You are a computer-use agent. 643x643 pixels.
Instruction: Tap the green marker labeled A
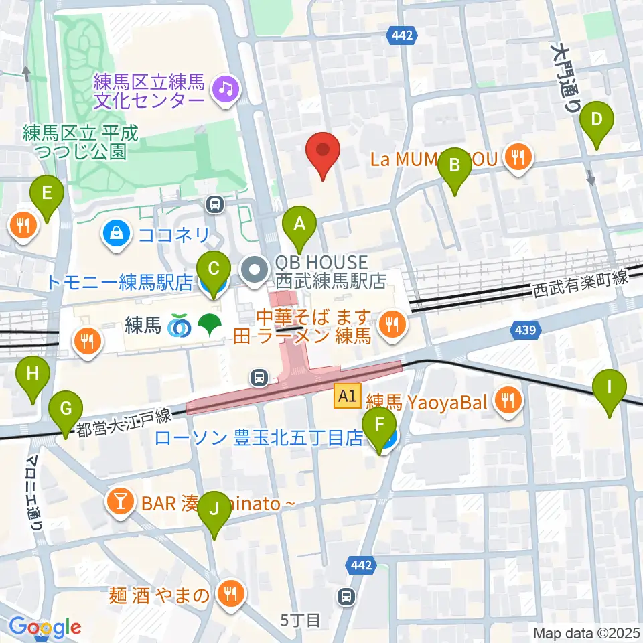click(x=299, y=224)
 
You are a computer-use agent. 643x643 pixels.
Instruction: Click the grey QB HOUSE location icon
click(x=255, y=271)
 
